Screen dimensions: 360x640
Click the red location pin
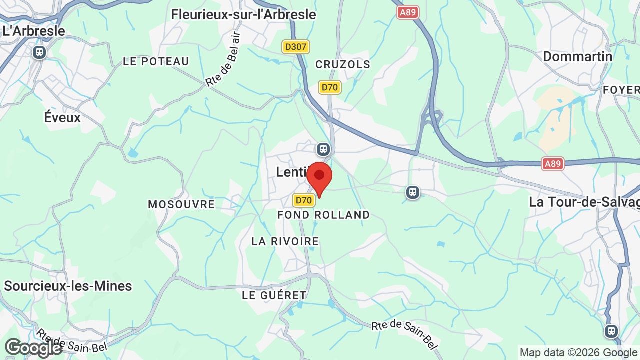pos(319,178)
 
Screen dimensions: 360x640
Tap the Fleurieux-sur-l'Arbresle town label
pos(243,14)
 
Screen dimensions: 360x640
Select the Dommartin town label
pos(577,56)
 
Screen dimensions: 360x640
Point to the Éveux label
pos(62,117)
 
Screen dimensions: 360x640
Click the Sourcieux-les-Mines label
pos(68,286)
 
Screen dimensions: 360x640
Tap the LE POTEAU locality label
pos(156,61)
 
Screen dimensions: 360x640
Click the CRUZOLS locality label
pos(343,64)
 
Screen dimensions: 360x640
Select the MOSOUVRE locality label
pos(181,204)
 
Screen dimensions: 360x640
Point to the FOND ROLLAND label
pos(324,215)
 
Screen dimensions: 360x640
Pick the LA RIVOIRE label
pos(285,241)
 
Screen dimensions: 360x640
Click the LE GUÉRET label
pos(274,295)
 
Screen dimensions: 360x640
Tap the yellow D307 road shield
pos(296,47)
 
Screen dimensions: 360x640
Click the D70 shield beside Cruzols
pos(330,87)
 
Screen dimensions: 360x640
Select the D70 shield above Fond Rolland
pos(304,200)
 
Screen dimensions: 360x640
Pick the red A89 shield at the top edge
pos(408,12)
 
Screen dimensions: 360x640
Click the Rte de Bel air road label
pos(223,60)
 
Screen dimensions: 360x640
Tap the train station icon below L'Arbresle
pos(39,52)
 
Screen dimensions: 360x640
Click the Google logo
pos(33,348)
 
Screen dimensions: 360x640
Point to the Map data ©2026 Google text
pos(579,352)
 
